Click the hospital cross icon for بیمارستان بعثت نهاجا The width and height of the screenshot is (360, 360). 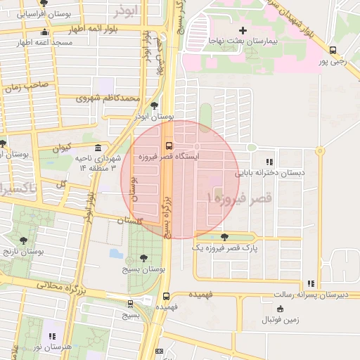click(x=243, y=30)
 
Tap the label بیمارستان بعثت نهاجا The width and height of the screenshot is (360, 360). click(x=243, y=42)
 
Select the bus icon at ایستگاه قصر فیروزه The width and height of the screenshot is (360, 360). click(x=168, y=146)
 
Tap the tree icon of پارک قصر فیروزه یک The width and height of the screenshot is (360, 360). click(x=224, y=237)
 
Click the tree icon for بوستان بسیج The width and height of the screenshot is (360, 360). click(x=143, y=258)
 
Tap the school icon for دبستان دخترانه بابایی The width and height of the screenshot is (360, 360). click(x=269, y=162)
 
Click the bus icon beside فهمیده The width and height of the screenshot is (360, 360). click(x=167, y=297)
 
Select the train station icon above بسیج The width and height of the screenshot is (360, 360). click(x=130, y=304)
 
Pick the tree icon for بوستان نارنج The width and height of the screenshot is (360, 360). click(x=23, y=240)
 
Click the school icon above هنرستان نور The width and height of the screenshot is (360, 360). click(x=51, y=336)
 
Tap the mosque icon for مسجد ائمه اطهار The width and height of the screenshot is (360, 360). click(x=45, y=32)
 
